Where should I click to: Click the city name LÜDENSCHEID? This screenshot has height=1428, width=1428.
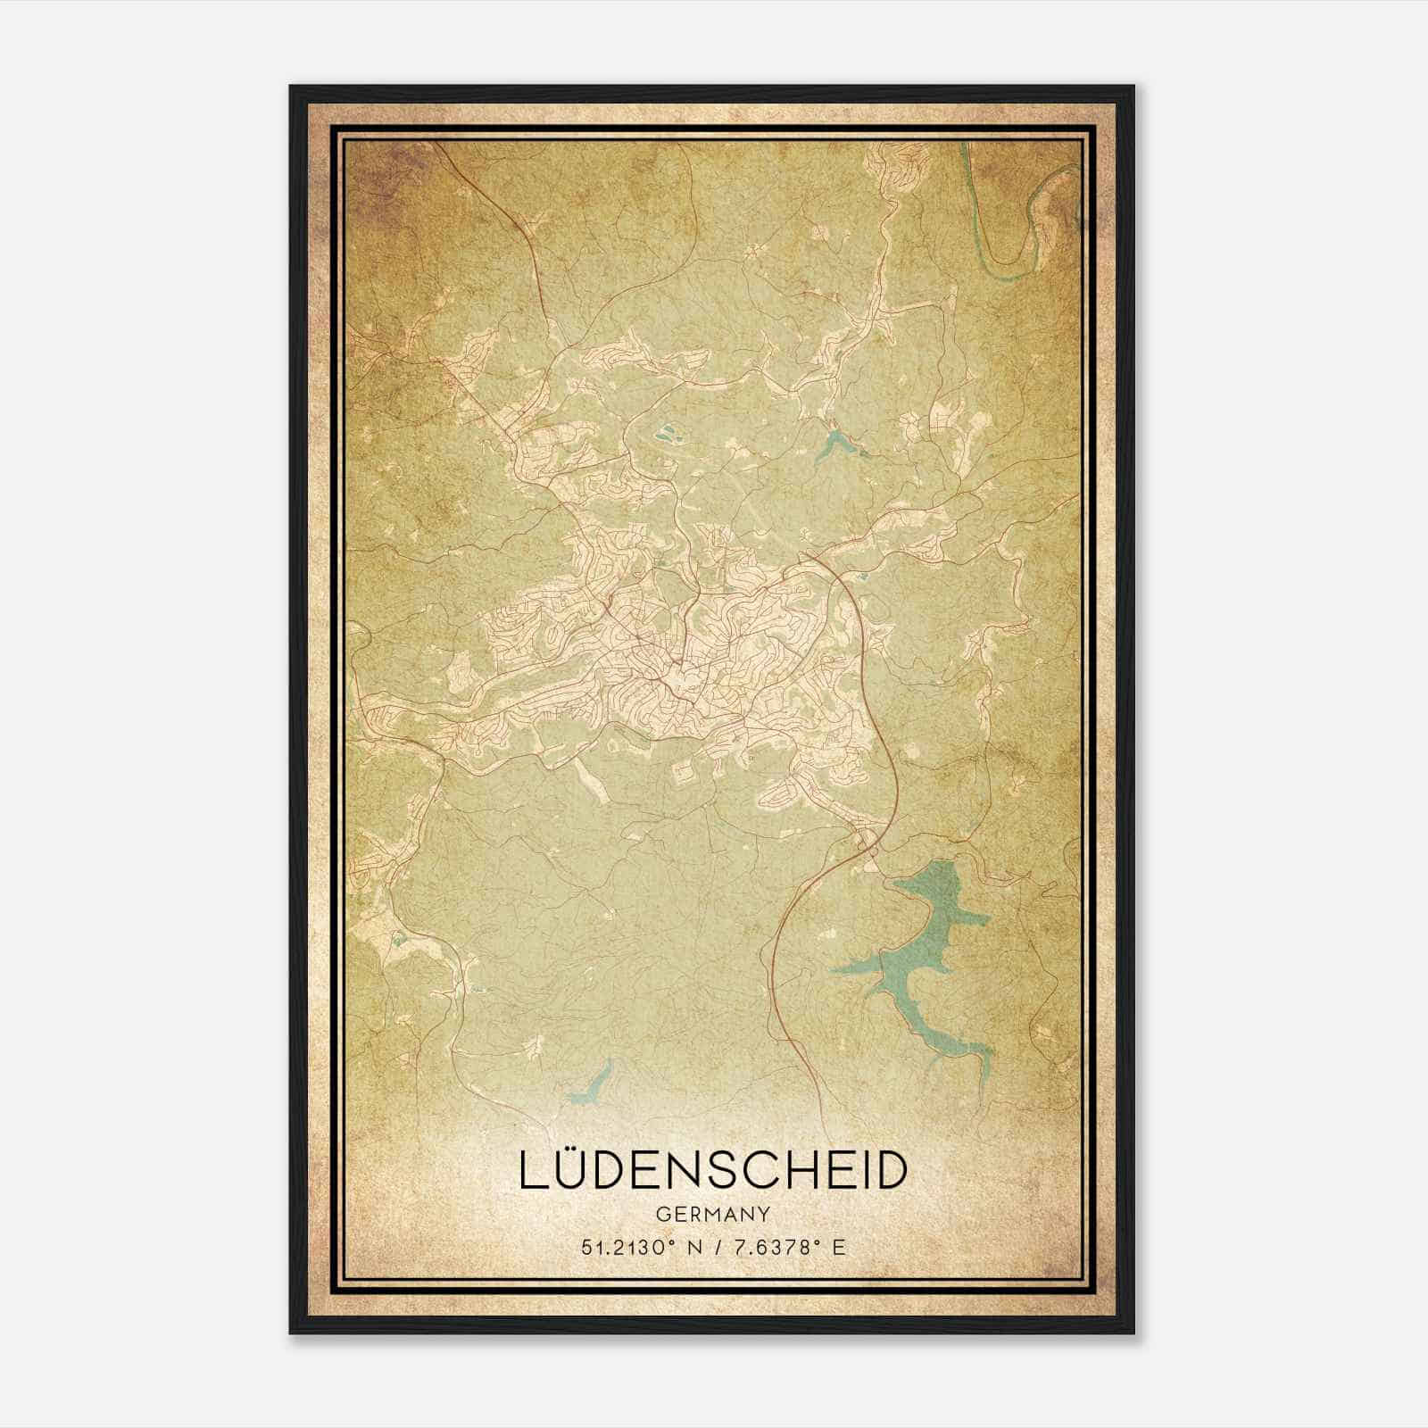[x=713, y=1171]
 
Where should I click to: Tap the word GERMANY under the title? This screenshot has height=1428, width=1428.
[x=713, y=1214]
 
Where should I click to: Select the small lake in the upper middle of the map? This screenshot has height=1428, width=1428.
[x=834, y=444]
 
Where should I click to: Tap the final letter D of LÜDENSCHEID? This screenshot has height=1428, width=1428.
[x=889, y=1172]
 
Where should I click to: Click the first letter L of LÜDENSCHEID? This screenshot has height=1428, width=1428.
[x=533, y=1172]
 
